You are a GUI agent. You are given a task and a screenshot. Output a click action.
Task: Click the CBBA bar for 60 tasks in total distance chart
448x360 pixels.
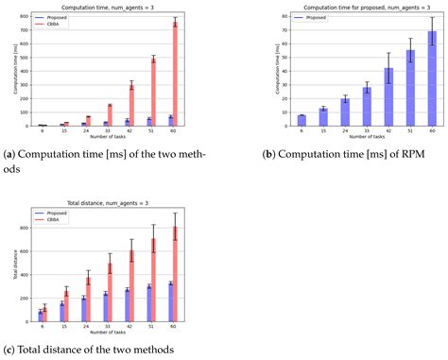175,275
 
